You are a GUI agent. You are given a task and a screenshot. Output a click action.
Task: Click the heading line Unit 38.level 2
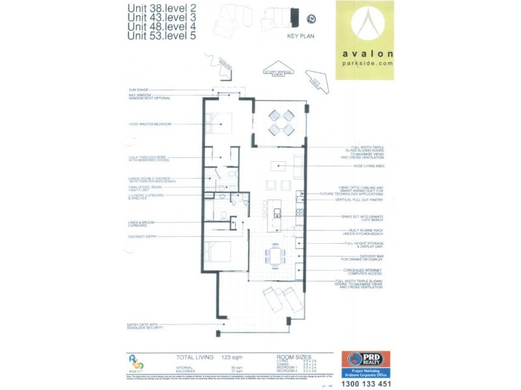click(x=161, y=8)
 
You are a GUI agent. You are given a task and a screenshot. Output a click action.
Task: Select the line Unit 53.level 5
click(x=161, y=36)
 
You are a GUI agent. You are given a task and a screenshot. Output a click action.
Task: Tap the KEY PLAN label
click(x=300, y=36)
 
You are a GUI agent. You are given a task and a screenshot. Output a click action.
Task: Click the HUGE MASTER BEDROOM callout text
click(x=150, y=123)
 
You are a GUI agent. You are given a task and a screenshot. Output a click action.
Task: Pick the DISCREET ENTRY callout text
click(x=143, y=237)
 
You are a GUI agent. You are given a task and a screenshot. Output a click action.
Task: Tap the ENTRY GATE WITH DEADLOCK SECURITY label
click(x=143, y=326)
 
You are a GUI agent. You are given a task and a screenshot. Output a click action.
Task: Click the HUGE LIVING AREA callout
click(x=369, y=166)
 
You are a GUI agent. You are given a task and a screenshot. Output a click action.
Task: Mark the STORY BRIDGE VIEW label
click(x=274, y=73)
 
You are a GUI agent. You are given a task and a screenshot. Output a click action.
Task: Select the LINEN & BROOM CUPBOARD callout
click(x=143, y=224)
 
